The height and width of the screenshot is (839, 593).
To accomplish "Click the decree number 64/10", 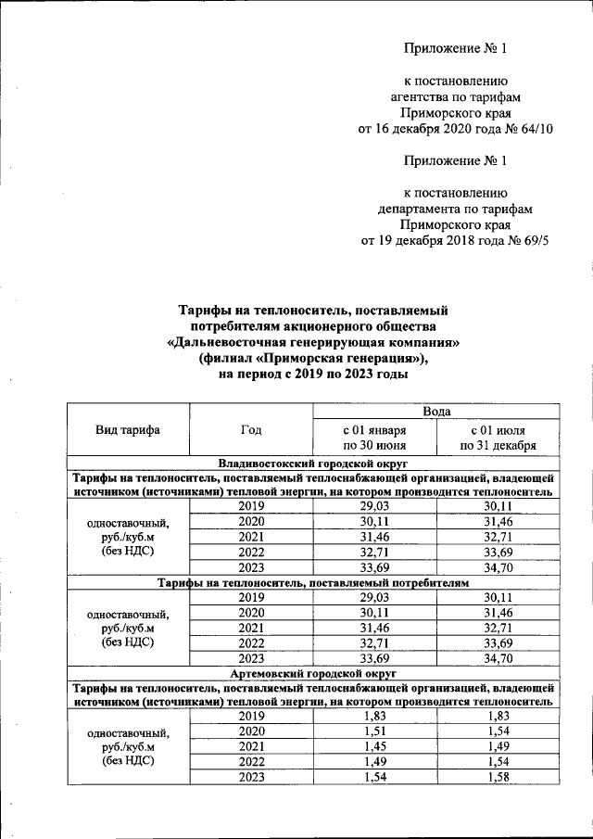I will [535, 129].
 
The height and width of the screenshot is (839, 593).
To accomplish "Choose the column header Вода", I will [436, 411].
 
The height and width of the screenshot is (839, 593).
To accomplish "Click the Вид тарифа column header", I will [127, 429].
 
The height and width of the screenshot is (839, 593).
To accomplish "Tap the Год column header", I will [250, 429].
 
